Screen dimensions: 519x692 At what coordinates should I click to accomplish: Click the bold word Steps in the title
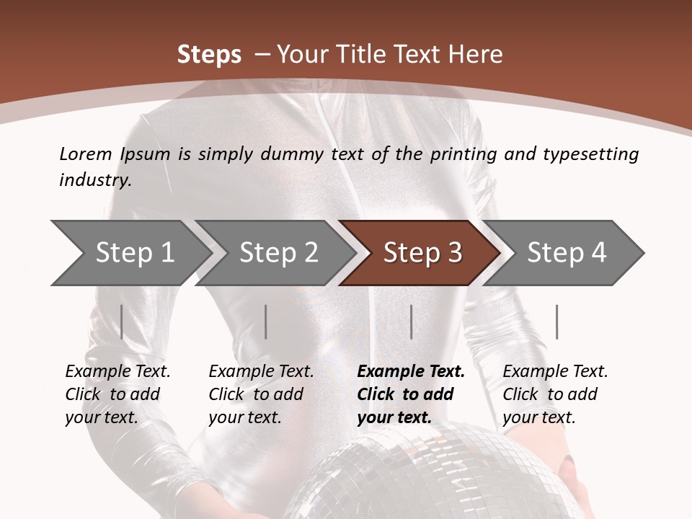[x=209, y=54]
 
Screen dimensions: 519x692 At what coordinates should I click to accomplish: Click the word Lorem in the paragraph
[x=86, y=154]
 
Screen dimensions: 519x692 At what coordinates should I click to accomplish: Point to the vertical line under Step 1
[x=122, y=321]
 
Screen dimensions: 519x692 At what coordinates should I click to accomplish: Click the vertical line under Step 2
[x=266, y=321]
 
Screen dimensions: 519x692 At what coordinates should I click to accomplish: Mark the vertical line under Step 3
[x=411, y=321]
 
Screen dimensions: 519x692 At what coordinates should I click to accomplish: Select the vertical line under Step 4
[x=556, y=321]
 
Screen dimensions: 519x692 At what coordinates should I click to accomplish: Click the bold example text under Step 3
[x=409, y=394]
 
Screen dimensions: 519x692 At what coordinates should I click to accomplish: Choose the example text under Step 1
[x=117, y=394]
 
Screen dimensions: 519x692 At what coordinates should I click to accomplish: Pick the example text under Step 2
[x=260, y=394]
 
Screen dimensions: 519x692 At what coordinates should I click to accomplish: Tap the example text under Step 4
[x=554, y=394]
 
